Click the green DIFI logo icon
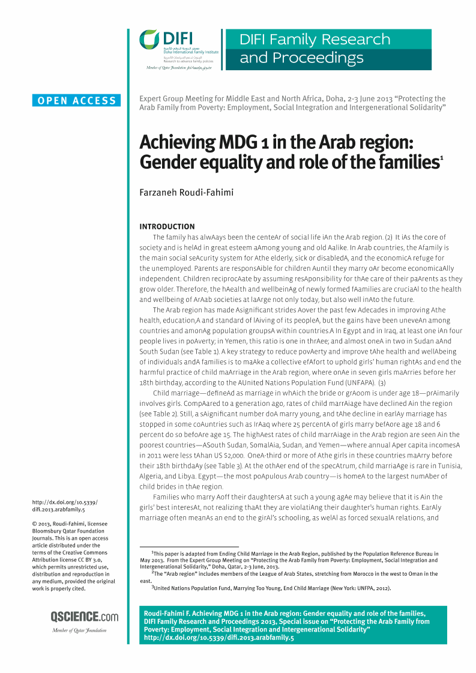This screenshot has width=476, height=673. click(150, 40)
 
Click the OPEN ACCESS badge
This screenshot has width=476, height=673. click(77, 101)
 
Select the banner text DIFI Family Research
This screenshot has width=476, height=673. click(315, 40)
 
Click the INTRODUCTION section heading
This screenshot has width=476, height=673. click(167, 226)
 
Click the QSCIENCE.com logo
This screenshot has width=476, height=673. click(85, 617)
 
